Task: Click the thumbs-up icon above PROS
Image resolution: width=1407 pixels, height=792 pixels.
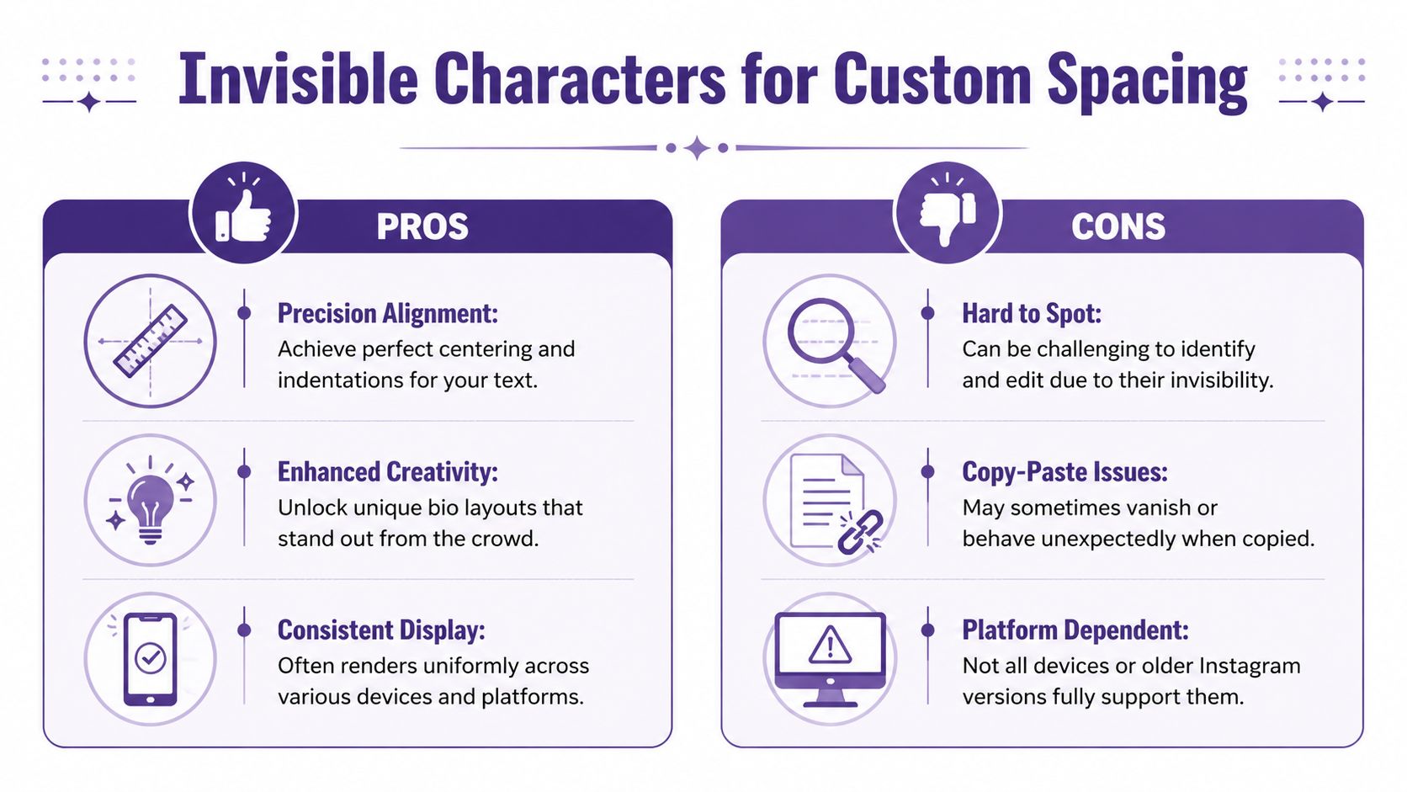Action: tap(244, 215)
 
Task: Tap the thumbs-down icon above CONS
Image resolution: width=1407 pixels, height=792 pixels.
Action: tap(948, 215)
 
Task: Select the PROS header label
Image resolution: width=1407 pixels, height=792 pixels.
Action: tap(422, 226)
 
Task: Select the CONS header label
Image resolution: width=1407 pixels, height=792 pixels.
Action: tap(1118, 226)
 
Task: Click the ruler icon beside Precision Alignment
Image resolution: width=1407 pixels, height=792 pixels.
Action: tap(151, 341)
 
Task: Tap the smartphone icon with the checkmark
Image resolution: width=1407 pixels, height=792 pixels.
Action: tap(151, 659)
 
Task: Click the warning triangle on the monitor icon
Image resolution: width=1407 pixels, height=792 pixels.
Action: tap(830, 646)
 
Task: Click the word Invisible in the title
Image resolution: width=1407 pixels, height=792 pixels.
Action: tap(298, 79)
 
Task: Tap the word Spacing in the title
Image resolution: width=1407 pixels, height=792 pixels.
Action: tap(1146, 81)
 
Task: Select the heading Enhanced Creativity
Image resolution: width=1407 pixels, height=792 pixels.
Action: tap(387, 471)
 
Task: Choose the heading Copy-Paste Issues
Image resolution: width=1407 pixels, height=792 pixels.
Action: tap(1065, 471)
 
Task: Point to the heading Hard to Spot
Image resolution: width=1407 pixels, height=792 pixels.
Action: tap(1032, 313)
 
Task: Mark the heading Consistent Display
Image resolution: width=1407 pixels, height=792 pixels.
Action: tap(381, 630)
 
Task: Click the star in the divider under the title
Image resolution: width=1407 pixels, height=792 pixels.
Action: tap(697, 148)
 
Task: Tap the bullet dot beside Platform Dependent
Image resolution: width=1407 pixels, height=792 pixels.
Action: tap(927, 630)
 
